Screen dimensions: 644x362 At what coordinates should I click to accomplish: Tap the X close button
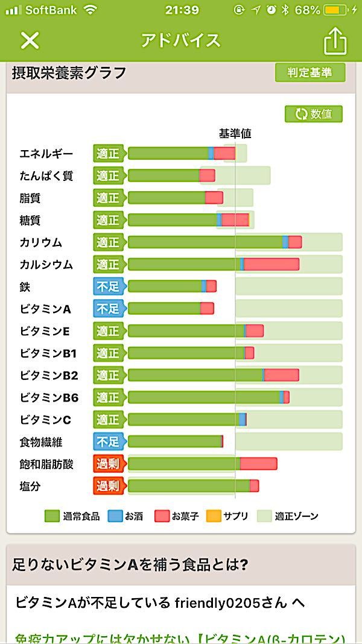(30, 40)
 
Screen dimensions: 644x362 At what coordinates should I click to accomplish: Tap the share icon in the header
(335, 41)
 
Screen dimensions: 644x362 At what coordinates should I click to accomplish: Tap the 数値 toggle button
(314, 114)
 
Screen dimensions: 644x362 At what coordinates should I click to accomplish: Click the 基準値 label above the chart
(235, 133)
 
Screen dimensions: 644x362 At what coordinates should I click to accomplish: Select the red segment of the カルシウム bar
(271, 264)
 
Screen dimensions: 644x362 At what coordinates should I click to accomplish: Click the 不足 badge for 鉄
(108, 286)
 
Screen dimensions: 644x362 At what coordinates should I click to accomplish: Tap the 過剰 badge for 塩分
(108, 486)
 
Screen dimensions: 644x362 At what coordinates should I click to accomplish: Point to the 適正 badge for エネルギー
(108, 154)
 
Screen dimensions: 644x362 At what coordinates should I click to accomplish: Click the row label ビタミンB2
(49, 375)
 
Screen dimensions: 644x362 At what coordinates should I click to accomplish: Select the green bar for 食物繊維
(174, 441)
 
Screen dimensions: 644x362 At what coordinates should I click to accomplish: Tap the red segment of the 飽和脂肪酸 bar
(258, 464)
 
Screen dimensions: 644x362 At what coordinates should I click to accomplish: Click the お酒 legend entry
(125, 516)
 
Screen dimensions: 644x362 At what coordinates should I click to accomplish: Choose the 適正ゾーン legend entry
(288, 516)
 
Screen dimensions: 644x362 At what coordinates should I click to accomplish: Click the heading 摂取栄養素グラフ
(69, 73)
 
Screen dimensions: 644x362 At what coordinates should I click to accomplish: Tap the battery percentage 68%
(308, 10)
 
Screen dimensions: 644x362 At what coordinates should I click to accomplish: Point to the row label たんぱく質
(46, 175)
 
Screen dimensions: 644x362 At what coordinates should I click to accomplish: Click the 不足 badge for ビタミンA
(108, 309)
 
